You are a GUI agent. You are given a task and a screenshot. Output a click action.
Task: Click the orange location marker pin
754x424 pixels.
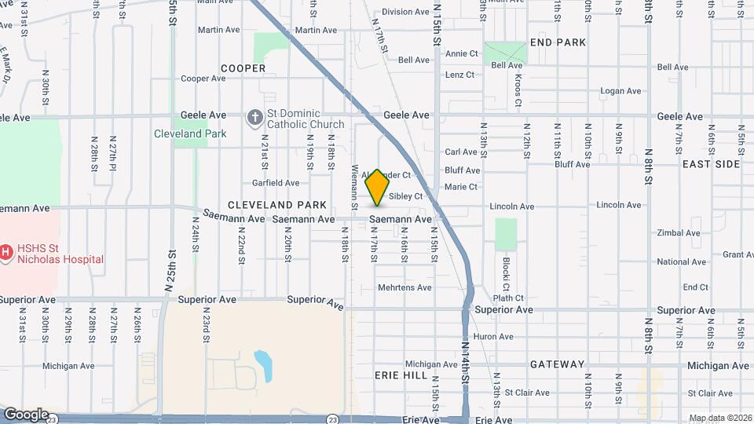point(378,187)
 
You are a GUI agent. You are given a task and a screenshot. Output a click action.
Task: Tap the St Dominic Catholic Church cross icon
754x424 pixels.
point(254,119)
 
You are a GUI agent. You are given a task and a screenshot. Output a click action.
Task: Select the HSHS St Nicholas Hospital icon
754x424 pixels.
point(7,252)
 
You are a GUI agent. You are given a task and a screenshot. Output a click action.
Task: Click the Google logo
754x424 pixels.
point(25,414)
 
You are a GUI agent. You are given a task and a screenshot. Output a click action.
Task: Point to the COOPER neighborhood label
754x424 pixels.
point(243,68)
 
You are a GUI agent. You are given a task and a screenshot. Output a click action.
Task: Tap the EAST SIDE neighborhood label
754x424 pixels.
point(711,164)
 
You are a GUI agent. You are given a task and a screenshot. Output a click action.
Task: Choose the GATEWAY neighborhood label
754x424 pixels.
point(557,364)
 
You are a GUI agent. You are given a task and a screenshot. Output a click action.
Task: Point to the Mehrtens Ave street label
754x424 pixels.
point(404,287)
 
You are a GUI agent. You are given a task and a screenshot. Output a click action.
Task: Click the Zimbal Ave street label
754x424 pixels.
point(679,233)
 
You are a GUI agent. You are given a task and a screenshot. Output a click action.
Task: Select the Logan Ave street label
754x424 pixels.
point(620,91)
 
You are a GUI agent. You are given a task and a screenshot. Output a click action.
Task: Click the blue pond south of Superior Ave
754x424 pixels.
point(263,365)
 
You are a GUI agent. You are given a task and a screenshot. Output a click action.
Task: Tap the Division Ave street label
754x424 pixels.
point(405,12)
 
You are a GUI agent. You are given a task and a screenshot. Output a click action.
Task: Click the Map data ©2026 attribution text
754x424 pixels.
point(720,418)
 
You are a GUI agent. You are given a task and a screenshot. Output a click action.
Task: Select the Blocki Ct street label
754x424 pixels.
point(507,272)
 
